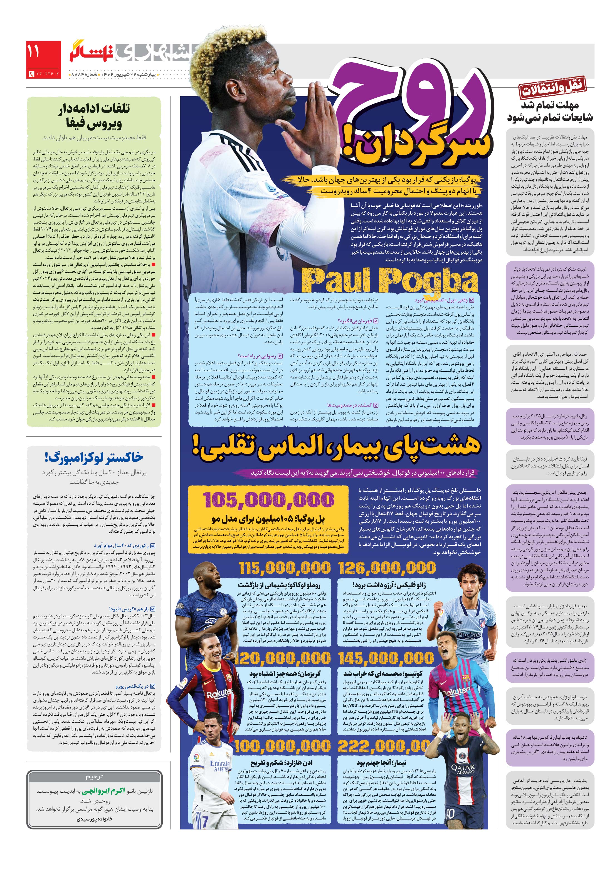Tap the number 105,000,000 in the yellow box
[x=268, y=499]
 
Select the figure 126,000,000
[x=387, y=569]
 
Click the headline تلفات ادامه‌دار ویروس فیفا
[x=94, y=116]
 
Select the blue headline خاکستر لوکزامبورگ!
[x=94, y=457]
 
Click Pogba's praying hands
[x=312, y=126]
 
